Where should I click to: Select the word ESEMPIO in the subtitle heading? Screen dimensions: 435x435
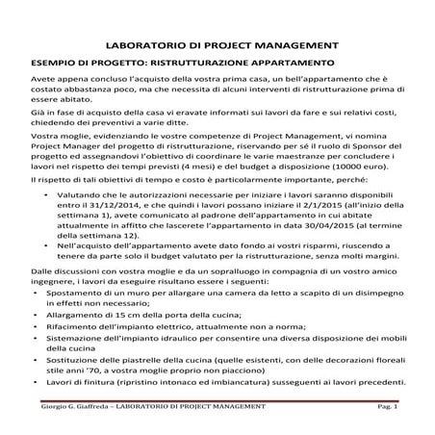[54, 63]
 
